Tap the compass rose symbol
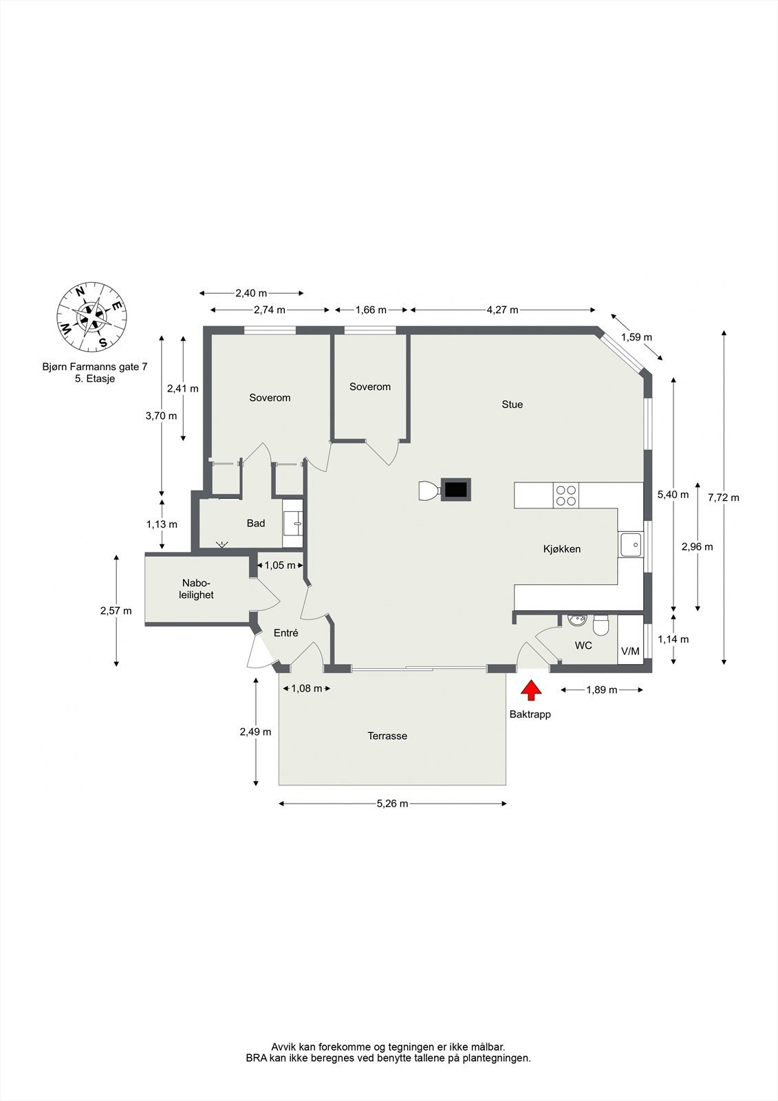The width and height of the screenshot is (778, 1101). [91, 317]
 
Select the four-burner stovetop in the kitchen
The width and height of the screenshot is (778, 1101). [566, 495]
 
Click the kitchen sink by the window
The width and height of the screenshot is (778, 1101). [630, 545]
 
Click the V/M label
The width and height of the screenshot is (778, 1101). [629, 651]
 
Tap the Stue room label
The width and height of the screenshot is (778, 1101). [512, 405]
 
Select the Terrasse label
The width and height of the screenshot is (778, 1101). [387, 736]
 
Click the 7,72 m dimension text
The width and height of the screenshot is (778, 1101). [723, 498]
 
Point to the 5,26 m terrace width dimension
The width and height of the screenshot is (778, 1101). [392, 803]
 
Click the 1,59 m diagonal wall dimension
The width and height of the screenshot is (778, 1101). [636, 337]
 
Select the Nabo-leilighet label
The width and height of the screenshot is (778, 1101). [197, 589]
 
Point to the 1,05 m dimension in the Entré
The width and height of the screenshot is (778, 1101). [280, 565]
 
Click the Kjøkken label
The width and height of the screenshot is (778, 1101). [562, 548]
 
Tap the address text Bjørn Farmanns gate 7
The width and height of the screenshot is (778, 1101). [95, 367]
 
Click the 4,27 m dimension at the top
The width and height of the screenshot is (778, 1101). [502, 310]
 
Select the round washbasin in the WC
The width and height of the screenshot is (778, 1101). [576, 620]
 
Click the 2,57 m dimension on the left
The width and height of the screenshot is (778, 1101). [116, 610]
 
